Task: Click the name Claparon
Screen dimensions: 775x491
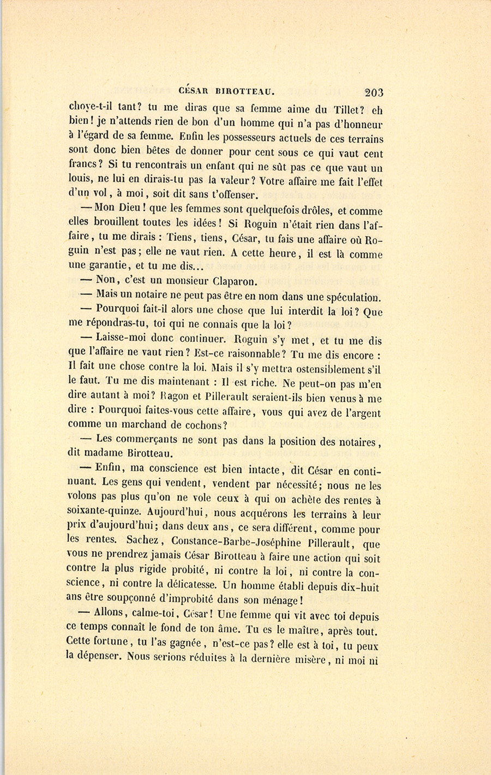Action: (x=230, y=282)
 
